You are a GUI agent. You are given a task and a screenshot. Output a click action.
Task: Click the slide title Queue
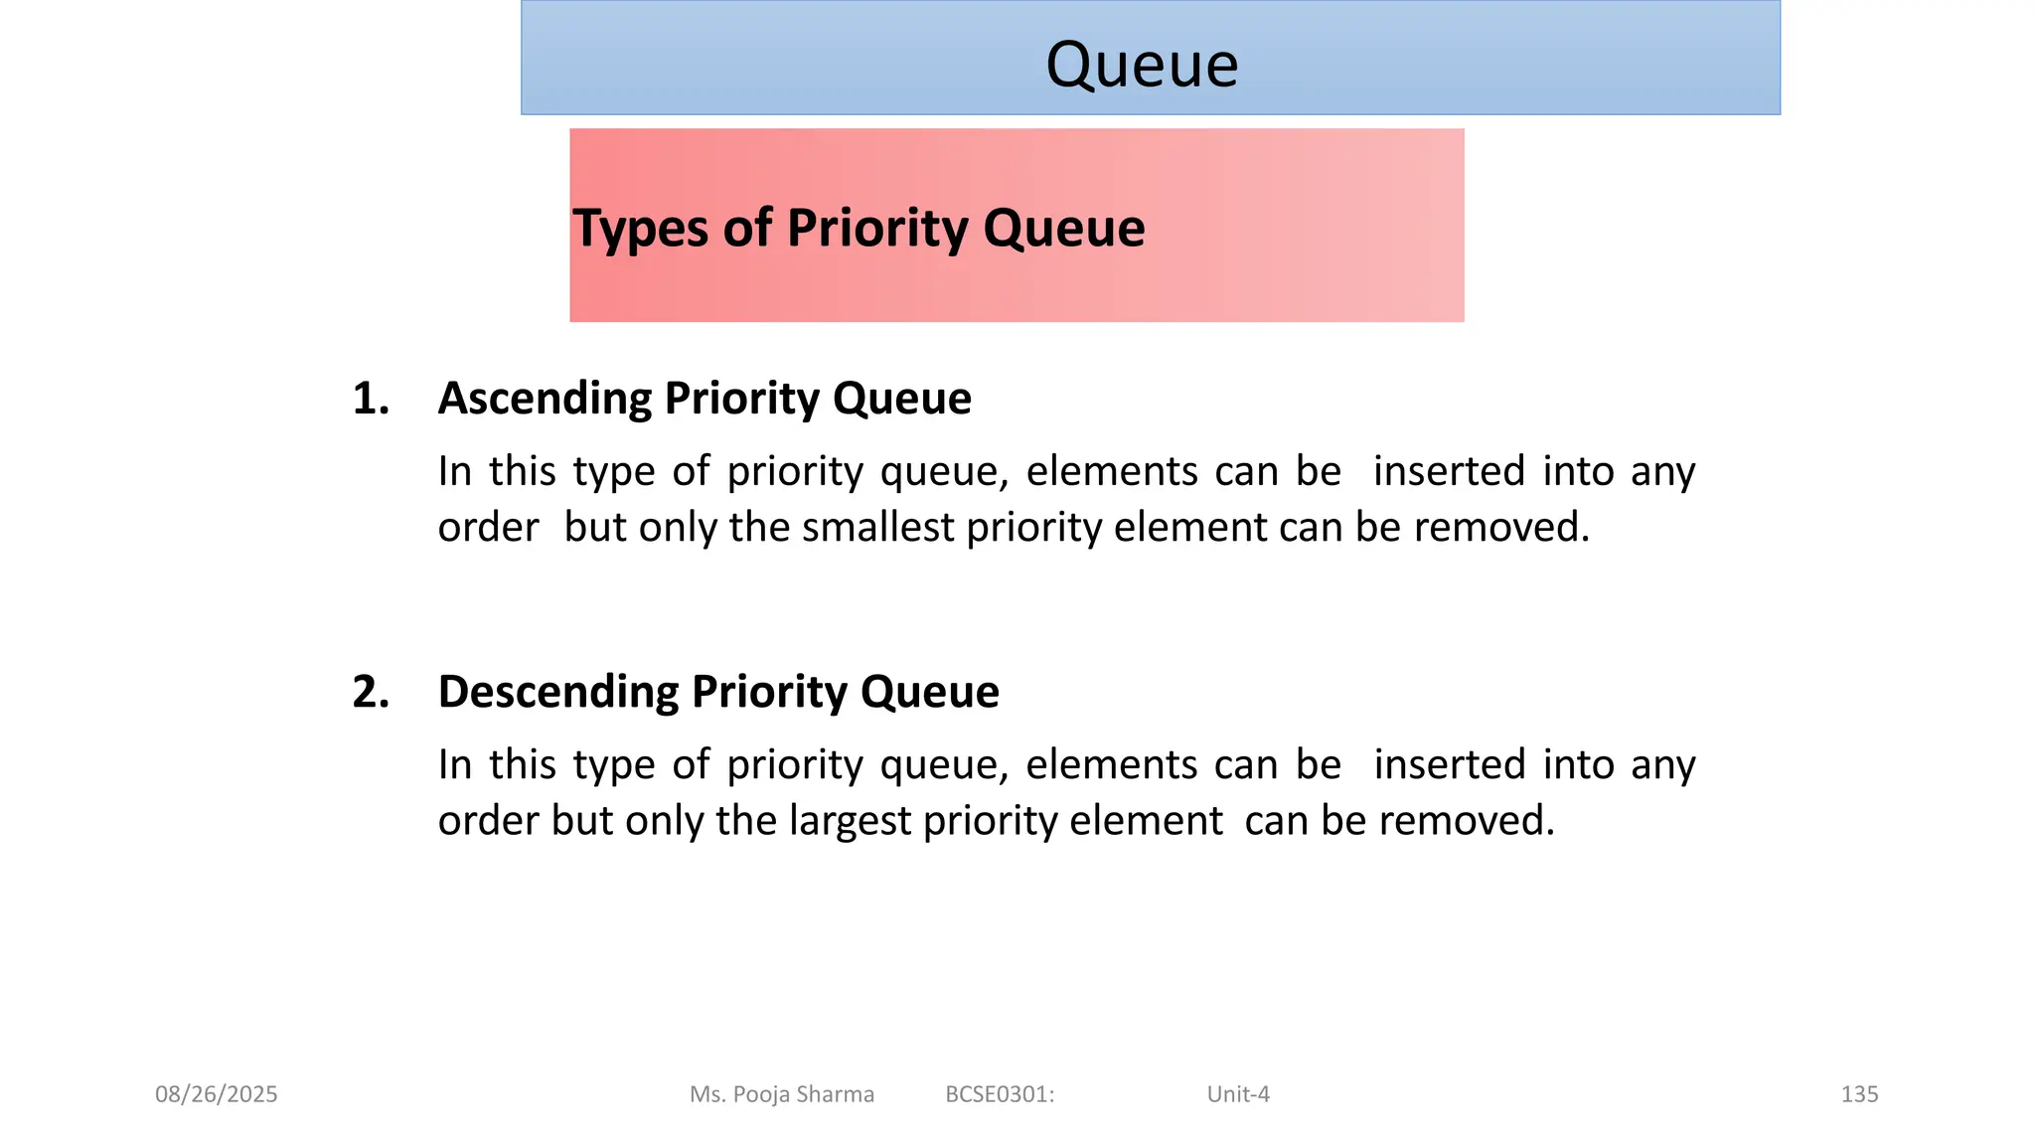pyautogui.click(x=1142, y=65)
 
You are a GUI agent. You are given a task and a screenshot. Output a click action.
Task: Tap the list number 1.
pyautogui.click(x=370, y=399)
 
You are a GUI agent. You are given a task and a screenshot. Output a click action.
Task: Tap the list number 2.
pyautogui.click(x=370, y=692)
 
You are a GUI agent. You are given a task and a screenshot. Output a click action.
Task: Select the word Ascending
pyautogui.click(x=545, y=399)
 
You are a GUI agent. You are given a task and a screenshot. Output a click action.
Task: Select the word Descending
pyautogui.click(x=557, y=692)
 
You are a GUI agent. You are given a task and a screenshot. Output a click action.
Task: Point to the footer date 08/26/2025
pyautogui.click(x=217, y=1094)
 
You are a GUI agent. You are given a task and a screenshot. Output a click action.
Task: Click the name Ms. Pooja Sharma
pyautogui.click(x=782, y=1094)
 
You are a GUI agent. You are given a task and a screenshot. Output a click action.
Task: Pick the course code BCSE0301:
pyautogui.click(x=1000, y=1094)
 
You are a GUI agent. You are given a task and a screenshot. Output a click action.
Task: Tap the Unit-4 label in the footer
pyautogui.click(x=1238, y=1094)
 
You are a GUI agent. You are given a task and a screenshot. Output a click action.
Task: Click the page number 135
pyautogui.click(x=1859, y=1094)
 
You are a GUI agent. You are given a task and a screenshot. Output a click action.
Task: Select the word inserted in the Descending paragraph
pyautogui.click(x=1449, y=765)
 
